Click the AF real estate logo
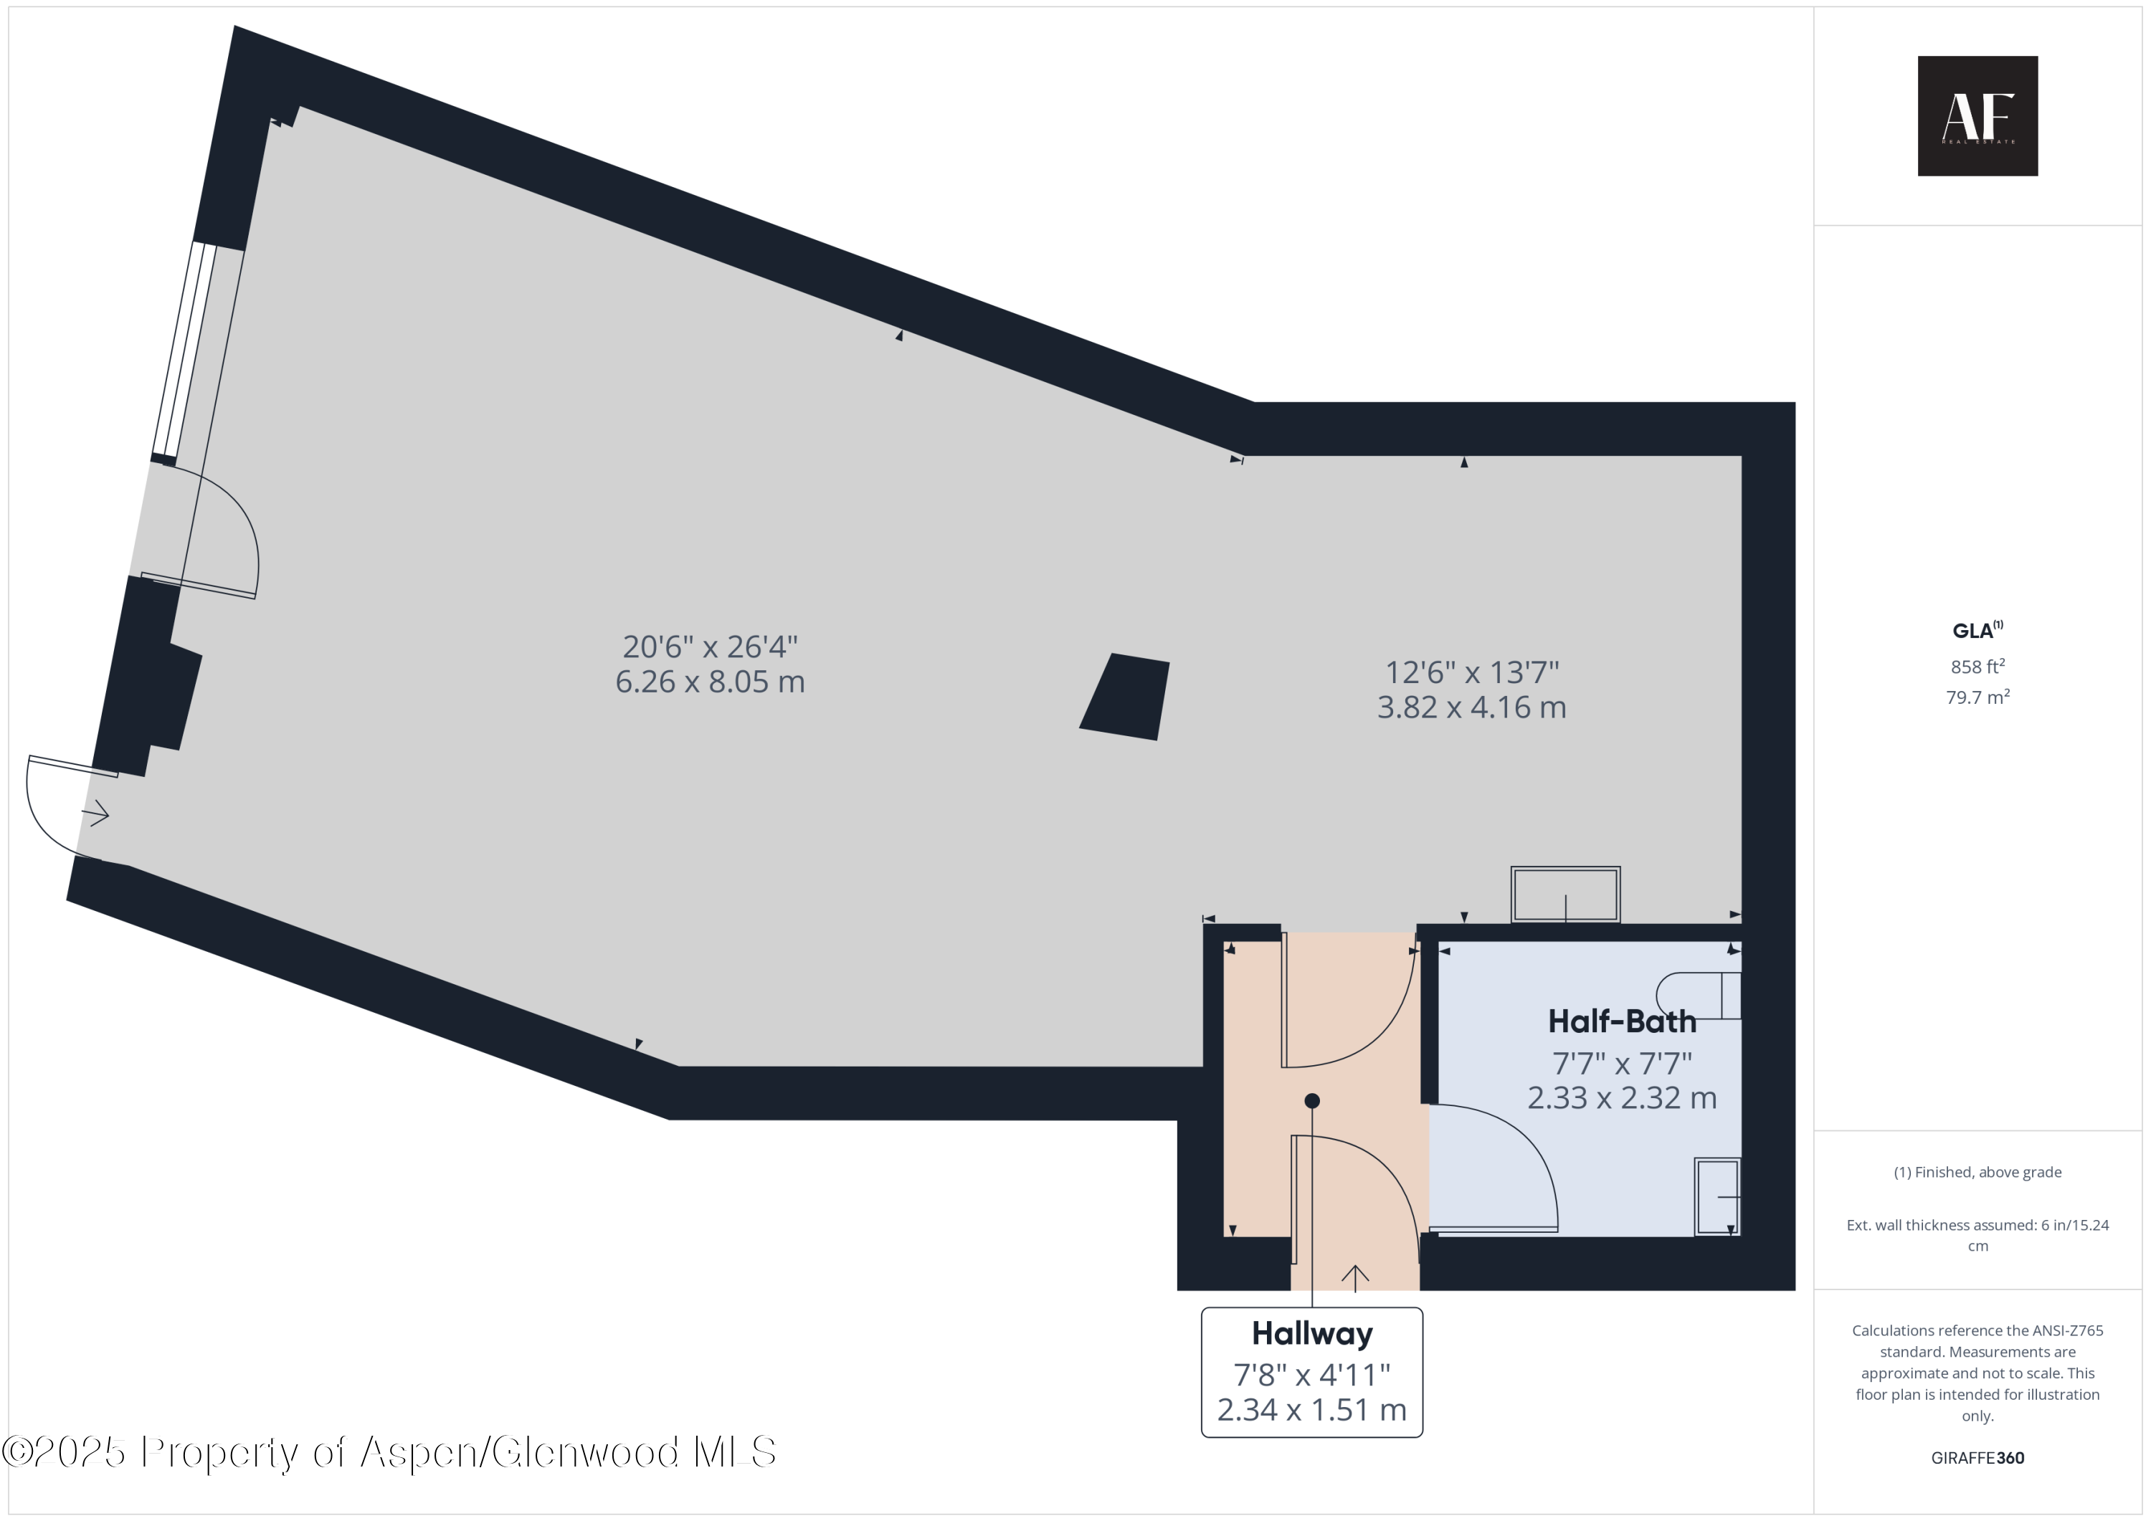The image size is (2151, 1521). click(x=1977, y=116)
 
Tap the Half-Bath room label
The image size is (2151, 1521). click(x=1622, y=1021)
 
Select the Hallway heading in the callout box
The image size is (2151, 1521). click(x=1311, y=1332)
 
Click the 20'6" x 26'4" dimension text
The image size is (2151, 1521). click(x=710, y=647)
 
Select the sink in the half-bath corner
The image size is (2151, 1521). click(x=1716, y=1196)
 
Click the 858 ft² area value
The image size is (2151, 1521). click(x=1977, y=667)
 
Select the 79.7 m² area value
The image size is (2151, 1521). click(x=1977, y=697)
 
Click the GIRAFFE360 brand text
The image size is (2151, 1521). click(x=1977, y=1458)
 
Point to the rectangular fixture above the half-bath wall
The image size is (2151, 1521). click(x=1564, y=895)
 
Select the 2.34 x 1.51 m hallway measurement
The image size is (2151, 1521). click(x=1311, y=1410)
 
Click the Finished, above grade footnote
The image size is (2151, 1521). click(x=1977, y=1173)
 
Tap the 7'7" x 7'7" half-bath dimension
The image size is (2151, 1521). click(x=1622, y=1064)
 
